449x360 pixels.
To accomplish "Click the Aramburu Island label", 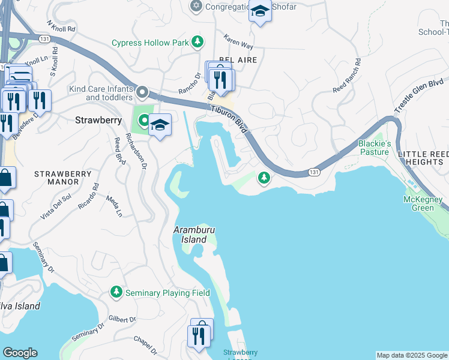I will (194, 235).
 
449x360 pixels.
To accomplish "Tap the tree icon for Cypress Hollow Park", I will (197, 42).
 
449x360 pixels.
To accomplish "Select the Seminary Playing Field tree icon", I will (116, 292).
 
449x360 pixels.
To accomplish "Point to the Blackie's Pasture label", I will (375, 148).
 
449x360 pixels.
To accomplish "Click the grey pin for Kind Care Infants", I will (142, 92).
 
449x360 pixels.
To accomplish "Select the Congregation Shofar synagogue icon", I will (195, 7).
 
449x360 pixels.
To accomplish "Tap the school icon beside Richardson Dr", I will (160, 125).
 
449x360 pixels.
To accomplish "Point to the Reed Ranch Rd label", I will (348, 76).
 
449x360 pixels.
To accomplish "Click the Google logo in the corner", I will (20, 353).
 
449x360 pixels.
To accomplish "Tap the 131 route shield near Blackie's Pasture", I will (314, 172).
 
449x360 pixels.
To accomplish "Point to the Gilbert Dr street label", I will (123, 320).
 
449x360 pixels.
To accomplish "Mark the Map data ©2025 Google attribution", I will (412, 355).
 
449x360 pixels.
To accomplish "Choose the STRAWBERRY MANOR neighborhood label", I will (56, 178).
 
